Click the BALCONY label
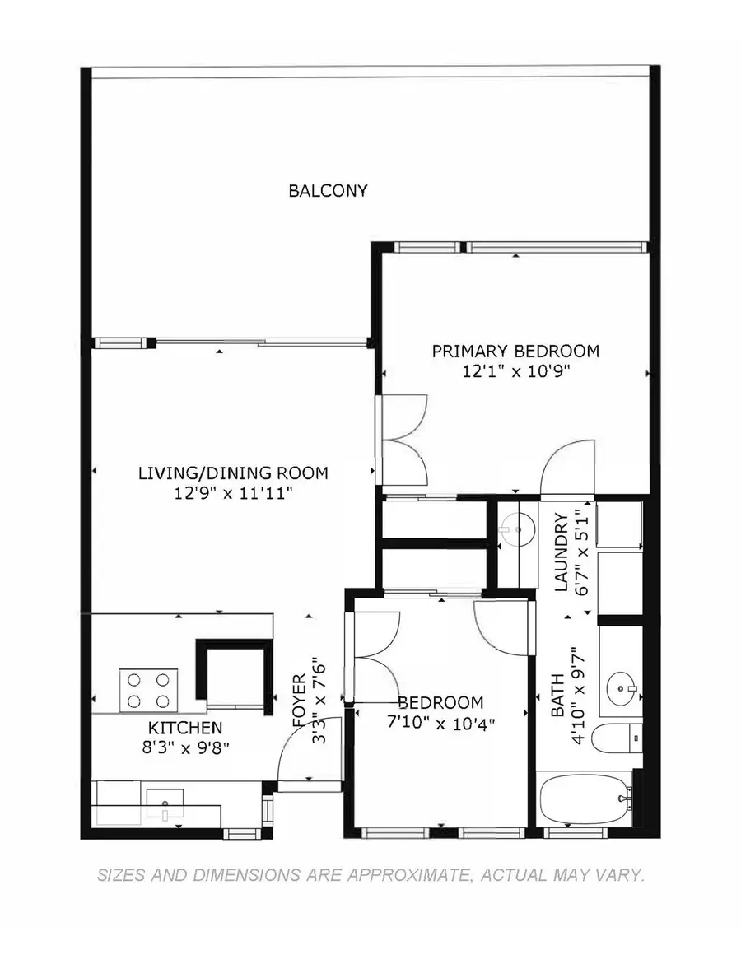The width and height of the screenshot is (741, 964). pyautogui.click(x=328, y=191)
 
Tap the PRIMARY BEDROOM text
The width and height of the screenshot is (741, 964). pyautogui.click(x=515, y=352)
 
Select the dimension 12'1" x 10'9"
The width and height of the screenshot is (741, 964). pyautogui.click(x=515, y=371)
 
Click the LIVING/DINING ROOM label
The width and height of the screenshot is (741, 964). pyautogui.click(x=233, y=473)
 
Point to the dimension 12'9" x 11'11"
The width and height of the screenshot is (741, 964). pyautogui.click(x=233, y=493)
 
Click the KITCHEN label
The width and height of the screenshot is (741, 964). pyautogui.click(x=185, y=728)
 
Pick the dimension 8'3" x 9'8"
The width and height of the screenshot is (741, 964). pyautogui.click(x=185, y=747)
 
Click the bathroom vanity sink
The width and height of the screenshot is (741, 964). pyautogui.click(x=620, y=685)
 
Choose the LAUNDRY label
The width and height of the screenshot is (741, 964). pyautogui.click(x=562, y=553)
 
